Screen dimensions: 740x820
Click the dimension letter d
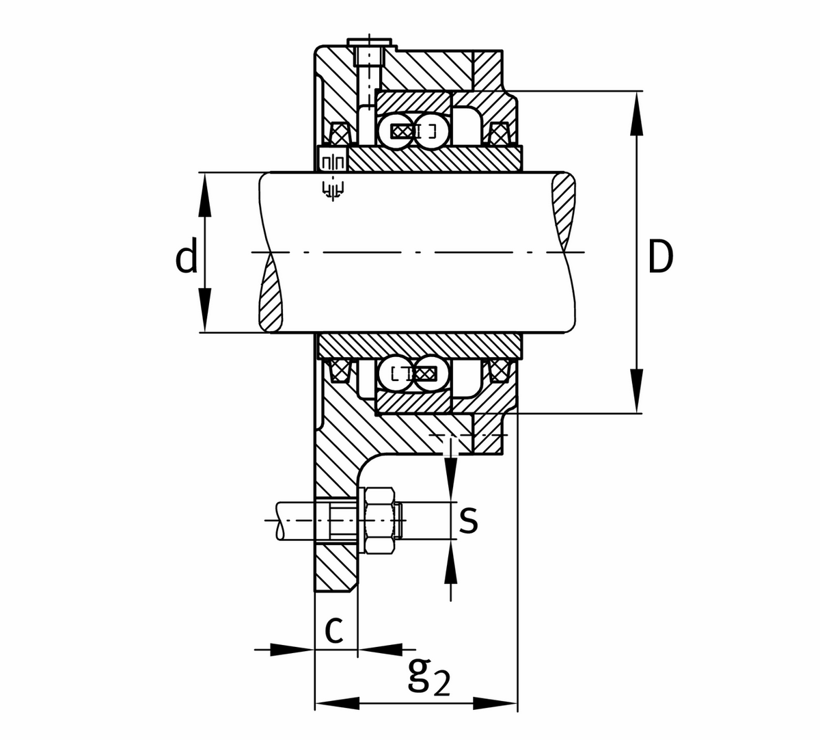point(186,256)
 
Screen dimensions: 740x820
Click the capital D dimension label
point(659,258)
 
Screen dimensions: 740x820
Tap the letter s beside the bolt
point(467,520)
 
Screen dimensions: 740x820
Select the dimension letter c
point(333,629)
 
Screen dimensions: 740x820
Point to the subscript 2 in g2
point(442,685)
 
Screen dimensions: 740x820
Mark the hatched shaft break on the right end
point(564,213)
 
